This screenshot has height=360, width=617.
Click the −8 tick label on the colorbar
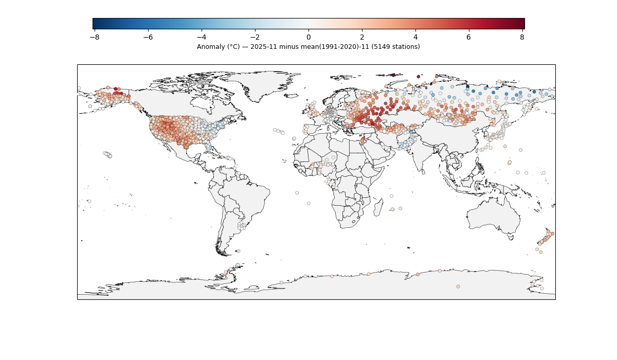95,37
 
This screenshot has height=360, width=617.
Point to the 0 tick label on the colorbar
308,37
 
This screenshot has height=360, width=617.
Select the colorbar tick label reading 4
415,37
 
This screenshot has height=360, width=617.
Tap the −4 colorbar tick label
202,37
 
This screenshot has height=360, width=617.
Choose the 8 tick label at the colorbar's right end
522,37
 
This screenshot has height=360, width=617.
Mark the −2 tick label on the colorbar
255,37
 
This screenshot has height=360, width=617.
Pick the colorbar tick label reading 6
469,37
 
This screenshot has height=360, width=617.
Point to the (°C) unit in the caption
233,47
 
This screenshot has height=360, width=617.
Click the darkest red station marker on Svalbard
393,75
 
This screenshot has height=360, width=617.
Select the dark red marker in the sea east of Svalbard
419,77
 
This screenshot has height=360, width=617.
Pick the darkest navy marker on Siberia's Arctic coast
467,87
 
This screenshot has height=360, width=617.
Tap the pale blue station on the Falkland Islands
238,251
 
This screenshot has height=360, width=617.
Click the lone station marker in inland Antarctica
458,286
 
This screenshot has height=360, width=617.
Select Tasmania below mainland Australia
510,237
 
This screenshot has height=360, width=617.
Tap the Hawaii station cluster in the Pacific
107,154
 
